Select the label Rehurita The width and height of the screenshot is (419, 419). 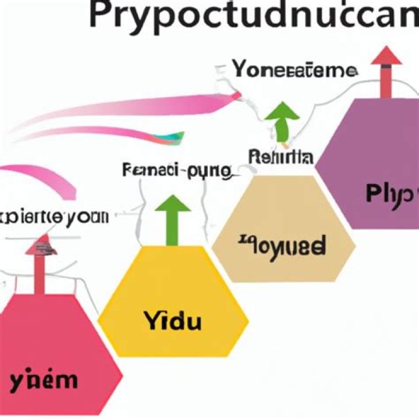(280, 157)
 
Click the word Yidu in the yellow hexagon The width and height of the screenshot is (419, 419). (172, 320)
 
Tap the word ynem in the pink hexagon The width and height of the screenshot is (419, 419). (44, 381)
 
